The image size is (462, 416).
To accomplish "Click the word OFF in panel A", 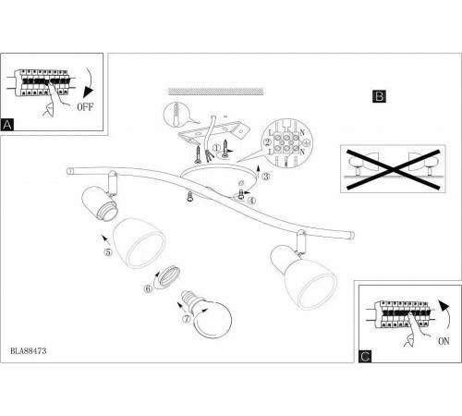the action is pos(85,107).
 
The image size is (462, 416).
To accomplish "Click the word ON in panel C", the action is pos(444,341).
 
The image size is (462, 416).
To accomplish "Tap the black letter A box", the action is pos(7,125).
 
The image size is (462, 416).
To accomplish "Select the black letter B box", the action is pos(379,96).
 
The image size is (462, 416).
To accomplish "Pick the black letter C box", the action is pos(365,356).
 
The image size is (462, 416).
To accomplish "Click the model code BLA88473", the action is pos(29,350).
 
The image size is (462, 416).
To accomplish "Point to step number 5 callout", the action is pos(108,251).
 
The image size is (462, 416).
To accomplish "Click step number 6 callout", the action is pos(148,289).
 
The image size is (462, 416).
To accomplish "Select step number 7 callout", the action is pos(187,319).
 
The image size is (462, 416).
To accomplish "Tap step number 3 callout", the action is pos(266,177).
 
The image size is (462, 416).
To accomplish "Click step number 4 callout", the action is pos(251,201).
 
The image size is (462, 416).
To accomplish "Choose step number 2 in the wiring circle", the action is pos(267,142).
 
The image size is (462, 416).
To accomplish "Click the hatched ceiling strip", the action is pos(216,92).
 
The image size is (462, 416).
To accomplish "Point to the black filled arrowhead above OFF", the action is pos(89,92).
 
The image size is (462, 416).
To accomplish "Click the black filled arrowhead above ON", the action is pos(444,305).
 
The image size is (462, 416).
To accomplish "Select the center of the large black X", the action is pos(394,169).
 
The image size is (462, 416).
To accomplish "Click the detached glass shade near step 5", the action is pos(139,243).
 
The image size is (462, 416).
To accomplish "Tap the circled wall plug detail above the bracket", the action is pos(176,114).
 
